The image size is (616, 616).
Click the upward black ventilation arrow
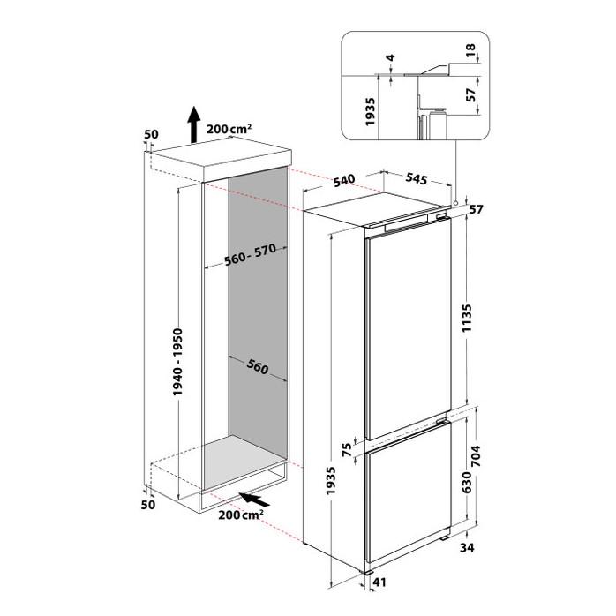pos(193,124)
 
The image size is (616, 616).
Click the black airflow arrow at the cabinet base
pos(254,500)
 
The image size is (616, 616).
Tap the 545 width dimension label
pos(416,178)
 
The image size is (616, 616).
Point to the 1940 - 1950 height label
pos(177,362)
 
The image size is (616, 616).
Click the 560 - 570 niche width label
pos(251,254)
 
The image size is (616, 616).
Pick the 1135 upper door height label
pos(467,318)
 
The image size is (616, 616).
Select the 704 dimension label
pos(476,455)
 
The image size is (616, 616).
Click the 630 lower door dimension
pos(466,483)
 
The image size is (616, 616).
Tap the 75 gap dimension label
pos(347,449)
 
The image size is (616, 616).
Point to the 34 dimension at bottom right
pos(467,547)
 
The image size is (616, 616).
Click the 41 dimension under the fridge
pos(379,582)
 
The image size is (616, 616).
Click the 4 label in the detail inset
pos(390,57)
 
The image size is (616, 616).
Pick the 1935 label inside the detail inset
pos(371,111)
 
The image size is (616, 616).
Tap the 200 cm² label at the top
pos(229,129)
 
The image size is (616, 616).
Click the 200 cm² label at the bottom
pos(241,515)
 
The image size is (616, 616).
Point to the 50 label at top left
pos(151,134)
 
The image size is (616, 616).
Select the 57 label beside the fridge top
pos(477,209)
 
